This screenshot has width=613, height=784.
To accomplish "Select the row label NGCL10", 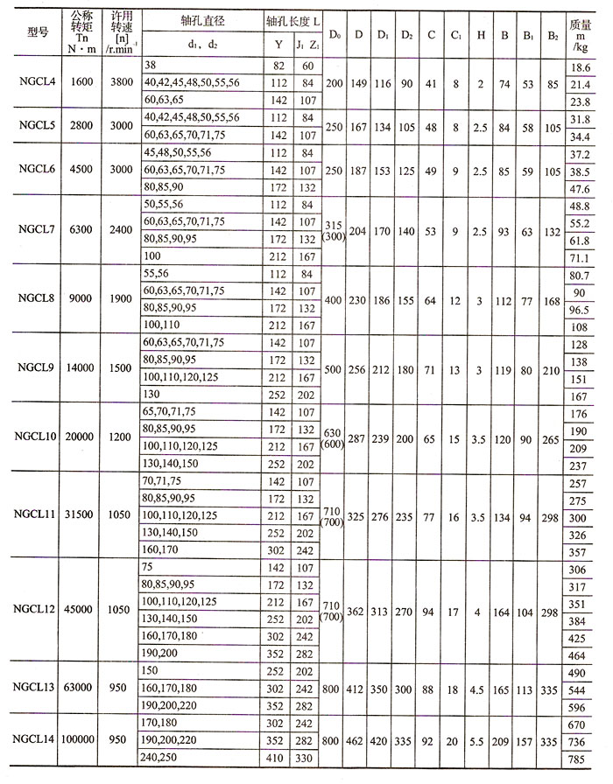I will coord(35,436).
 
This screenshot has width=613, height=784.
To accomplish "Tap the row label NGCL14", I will coord(35,740).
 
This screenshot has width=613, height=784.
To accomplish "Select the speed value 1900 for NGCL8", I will coord(118,298).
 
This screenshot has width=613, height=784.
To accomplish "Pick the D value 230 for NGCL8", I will coord(359,298).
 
